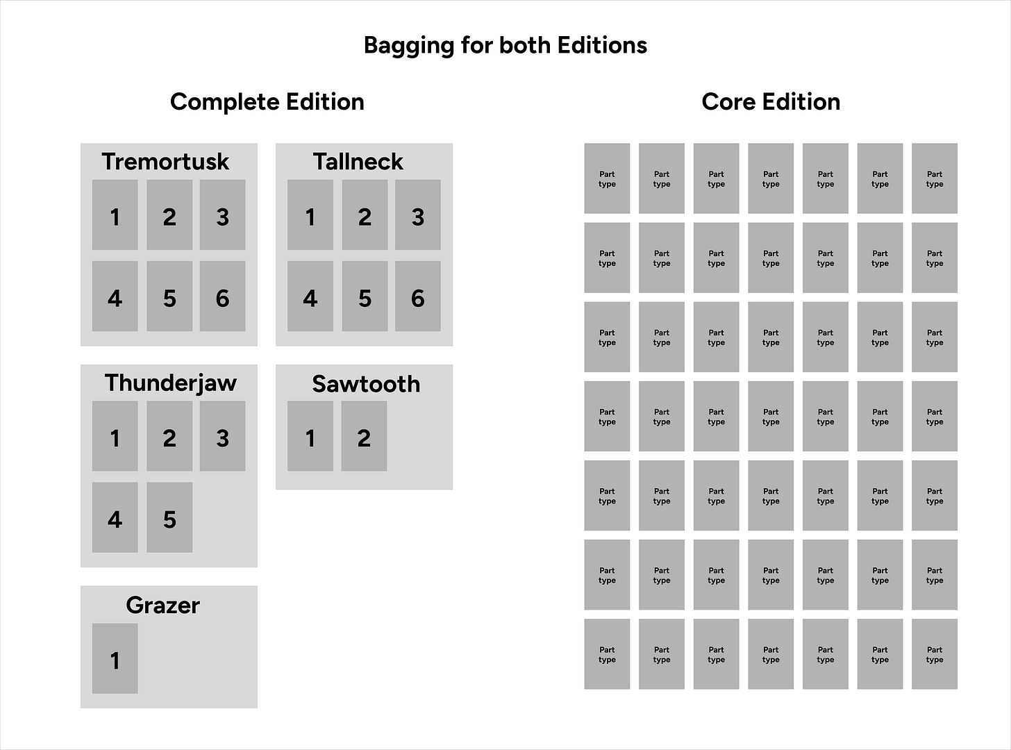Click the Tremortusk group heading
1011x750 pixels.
[x=165, y=162]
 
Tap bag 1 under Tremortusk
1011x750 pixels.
[x=115, y=215]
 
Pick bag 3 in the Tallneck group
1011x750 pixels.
[x=417, y=215]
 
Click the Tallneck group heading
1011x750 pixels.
[x=358, y=162]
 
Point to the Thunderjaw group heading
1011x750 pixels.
[x=170, y=383]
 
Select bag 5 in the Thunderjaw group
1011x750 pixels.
[x=169, y=517]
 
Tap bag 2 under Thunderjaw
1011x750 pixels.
[x=169, y=436]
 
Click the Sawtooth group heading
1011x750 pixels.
[x=366, y=384]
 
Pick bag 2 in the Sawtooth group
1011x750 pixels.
[x=364, y=436]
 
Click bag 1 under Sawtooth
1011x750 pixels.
[x=310, y=436]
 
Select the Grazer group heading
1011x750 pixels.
[x=162, y=606]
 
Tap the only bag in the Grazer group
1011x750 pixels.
[x=115, y=658]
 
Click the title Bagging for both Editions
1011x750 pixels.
[x=505, y=45]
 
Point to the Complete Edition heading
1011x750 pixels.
[x=267, y=102]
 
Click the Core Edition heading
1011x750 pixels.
[x=771, y=102]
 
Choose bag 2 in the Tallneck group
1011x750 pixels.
[x=365, y=215]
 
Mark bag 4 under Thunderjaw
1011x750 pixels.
[x=115, y=517]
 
